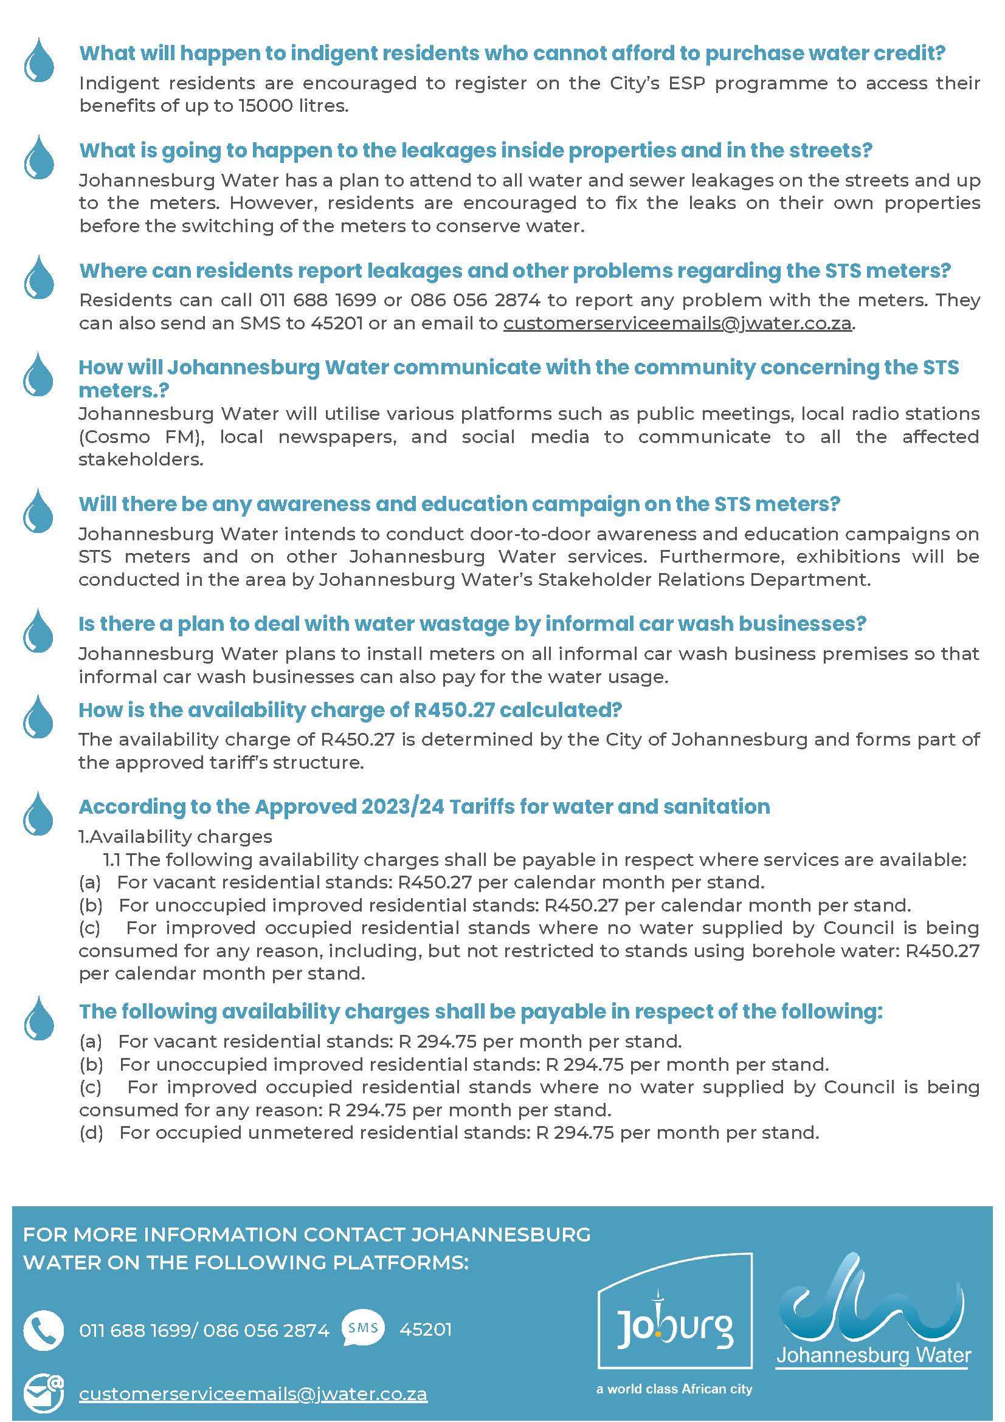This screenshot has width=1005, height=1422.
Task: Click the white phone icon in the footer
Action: coord(43,1329)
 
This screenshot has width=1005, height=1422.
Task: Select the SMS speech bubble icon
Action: coord(362,1328)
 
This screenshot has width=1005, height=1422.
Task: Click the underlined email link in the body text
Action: coord(677,323)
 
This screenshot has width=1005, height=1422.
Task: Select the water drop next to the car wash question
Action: coord(38,630)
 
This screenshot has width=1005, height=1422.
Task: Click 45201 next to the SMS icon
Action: coord(426,1329)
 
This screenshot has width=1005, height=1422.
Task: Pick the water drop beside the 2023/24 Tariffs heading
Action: coord(38,812)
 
